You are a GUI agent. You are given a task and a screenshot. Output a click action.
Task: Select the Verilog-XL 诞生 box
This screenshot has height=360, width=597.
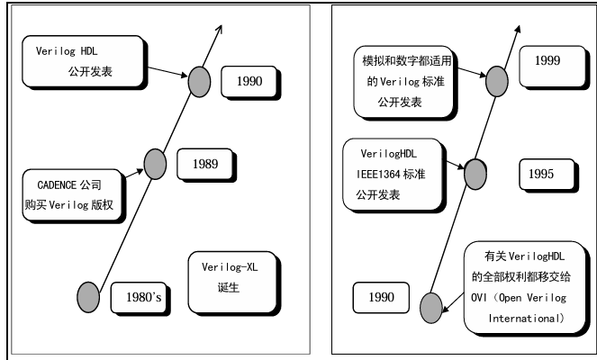pos(229,277)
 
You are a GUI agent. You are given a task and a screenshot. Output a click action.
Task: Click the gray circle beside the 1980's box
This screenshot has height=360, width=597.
pos(87,294)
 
